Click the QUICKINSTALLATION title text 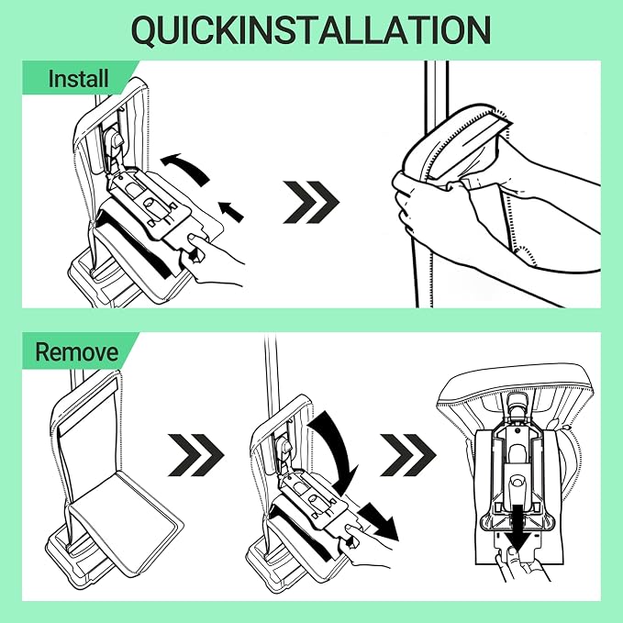pos(311,30)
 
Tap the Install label pos(78,78)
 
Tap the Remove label pos(77,351)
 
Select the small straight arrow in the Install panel pos(231,212)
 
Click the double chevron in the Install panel pos(311,202)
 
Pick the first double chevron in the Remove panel pos(196,455)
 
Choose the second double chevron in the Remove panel pos(408,455)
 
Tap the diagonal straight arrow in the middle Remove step pos(380,522)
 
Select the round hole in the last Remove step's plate pos(517,482)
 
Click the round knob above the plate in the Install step pos(116,139)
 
